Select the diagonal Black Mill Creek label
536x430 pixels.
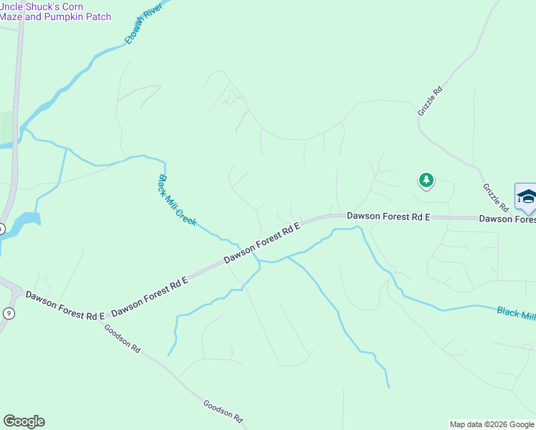point(178,201)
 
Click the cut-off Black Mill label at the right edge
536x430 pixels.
point(516,313)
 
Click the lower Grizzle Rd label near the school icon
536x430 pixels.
point(494,198)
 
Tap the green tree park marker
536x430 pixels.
point(426,180)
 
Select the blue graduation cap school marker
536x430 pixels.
point(526,197)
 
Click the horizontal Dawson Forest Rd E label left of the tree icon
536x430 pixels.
point(388,215)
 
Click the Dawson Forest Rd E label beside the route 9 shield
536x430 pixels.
point(65,305)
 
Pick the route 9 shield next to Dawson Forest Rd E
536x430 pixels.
point(8,313)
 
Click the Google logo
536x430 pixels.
point(24,421)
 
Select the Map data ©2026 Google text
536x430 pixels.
point(492,424)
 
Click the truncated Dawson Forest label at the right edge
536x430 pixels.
point(507,219)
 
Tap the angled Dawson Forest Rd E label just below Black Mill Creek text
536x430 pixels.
point(262,243)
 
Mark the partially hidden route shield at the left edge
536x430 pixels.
point(2,229)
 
